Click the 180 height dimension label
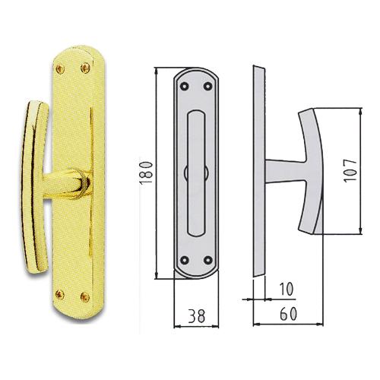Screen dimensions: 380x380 click(147, 173)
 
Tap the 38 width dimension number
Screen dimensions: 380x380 click(197, 315)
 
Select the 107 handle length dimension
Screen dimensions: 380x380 click(350, 170)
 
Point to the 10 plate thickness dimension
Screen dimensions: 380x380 click(286, 289)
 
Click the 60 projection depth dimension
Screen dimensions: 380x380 click(288, 314)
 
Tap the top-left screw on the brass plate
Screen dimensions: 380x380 click(60, 69)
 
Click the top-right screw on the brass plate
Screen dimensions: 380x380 click(85, 68)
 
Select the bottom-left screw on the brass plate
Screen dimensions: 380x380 click(60, 294)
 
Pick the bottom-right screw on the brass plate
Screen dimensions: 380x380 click(85, 297)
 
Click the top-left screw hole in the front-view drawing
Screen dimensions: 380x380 click(184, 87)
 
